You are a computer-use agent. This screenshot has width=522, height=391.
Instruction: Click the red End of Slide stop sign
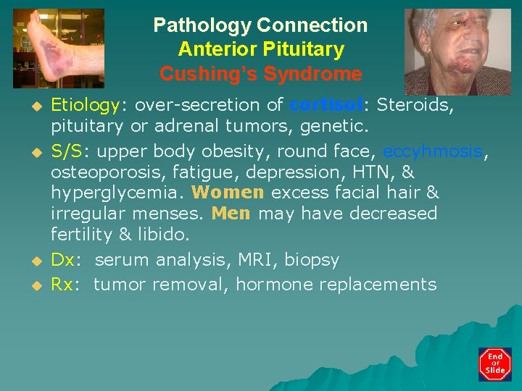(494, 364)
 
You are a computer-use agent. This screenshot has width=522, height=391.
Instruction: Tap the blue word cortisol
(326, 105)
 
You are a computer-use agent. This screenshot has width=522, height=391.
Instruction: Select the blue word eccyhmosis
(432, 151)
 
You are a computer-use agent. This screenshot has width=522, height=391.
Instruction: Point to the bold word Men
(231, 214)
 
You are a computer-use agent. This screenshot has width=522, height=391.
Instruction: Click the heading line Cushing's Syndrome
(260, 74)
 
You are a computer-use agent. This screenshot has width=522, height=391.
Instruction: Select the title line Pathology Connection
(260, 25)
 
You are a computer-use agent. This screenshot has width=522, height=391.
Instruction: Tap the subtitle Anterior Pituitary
(260, 50)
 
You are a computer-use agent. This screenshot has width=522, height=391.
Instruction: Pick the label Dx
(63, 260)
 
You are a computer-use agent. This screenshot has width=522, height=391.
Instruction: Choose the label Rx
(62, 285)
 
